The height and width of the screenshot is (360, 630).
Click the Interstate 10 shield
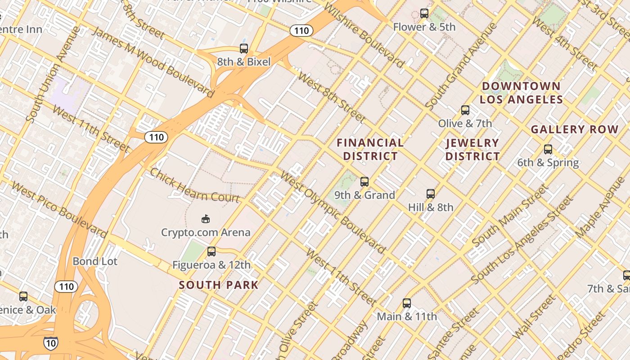(50, 343)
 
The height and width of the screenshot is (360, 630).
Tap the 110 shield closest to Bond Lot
(66, 286)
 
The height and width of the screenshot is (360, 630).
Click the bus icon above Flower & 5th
(424, 13)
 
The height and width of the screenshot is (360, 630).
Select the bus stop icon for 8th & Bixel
(244, 49)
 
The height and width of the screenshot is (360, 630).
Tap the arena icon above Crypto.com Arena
(206, 219)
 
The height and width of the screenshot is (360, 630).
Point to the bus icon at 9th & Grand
(364, 182)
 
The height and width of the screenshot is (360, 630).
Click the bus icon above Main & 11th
(407, 303)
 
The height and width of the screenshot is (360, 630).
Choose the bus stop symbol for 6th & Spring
(548, 149)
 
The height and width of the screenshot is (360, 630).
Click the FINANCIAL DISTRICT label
(370, 149)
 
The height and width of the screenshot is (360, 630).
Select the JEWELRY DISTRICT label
(472, 149)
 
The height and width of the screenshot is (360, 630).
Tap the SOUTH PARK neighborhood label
(219, 285)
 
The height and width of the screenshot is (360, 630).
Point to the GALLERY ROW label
(575, 130)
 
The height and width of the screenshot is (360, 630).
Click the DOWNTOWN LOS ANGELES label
(521, 93)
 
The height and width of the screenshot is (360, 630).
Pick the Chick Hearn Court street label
(194, 186)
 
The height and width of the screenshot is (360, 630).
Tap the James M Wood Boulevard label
(153, 62)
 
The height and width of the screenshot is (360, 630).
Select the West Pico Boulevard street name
(59, 209)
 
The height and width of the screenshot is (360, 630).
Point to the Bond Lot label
(95, 261)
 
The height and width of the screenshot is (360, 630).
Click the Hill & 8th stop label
(431, 207)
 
